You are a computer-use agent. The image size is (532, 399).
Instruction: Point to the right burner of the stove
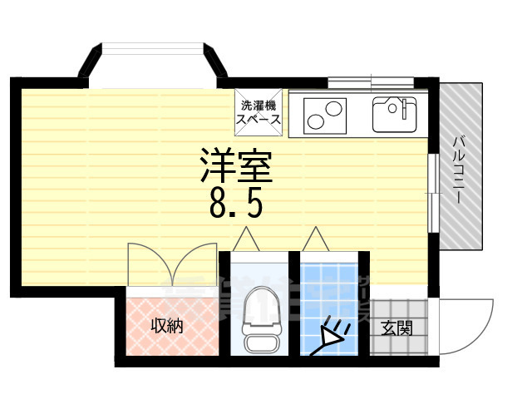click(334, 108)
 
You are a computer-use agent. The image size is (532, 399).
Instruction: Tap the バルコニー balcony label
click(459, 170)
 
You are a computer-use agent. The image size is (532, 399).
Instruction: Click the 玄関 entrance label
click(397, 328)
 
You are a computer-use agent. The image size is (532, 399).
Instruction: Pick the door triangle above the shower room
click(316, 239)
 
